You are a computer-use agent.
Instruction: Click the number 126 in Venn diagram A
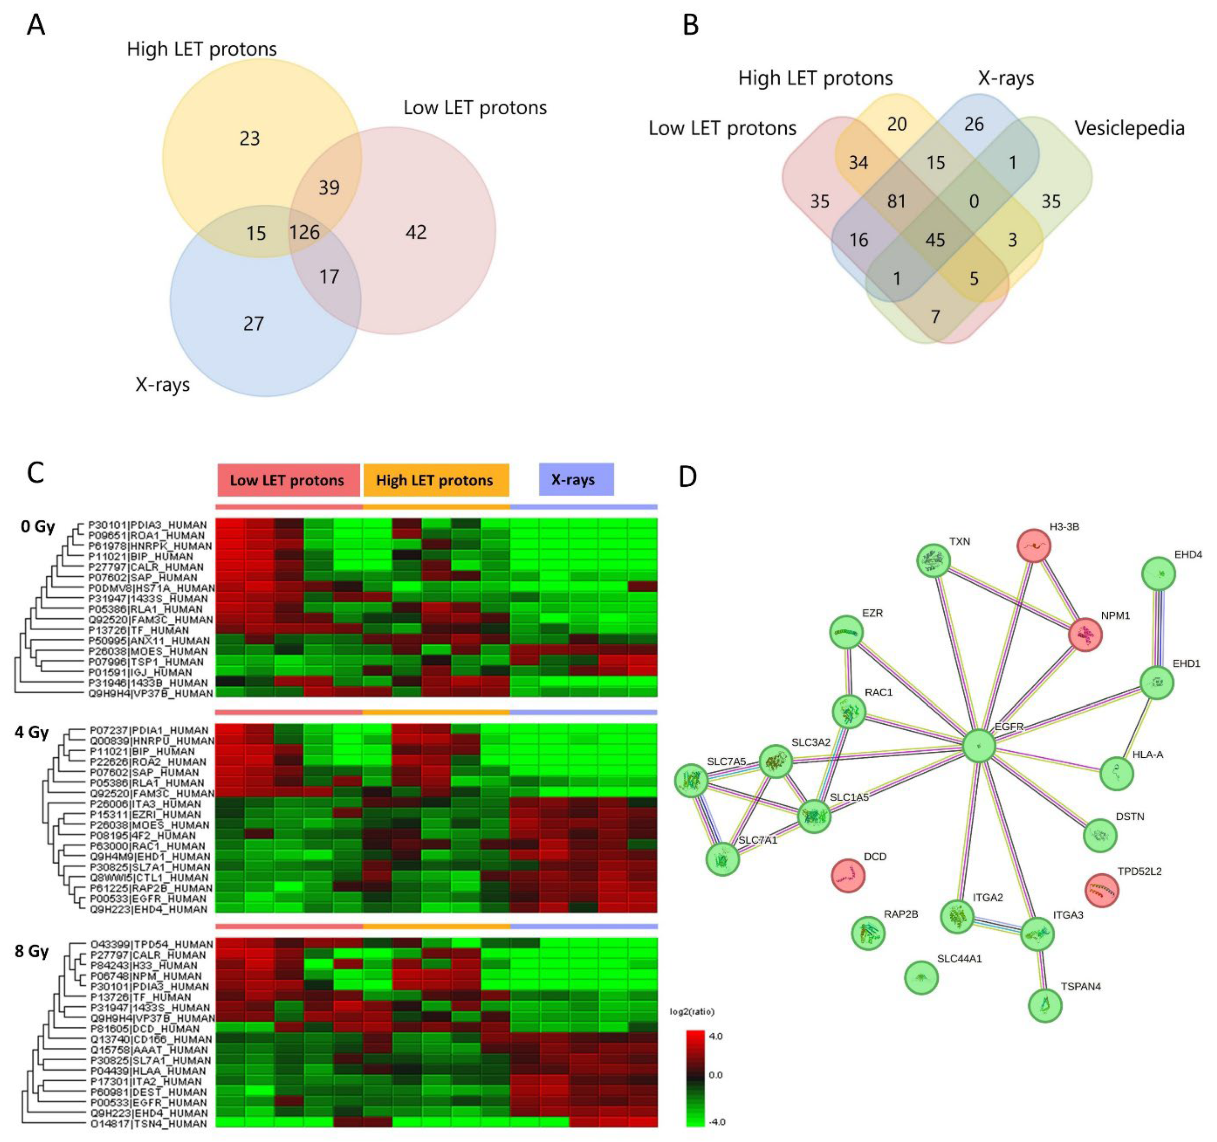click(304, 232)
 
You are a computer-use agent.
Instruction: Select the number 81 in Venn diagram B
click(896, 201)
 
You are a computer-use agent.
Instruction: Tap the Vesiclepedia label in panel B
click(1129, 128)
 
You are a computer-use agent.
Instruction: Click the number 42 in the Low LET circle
click(416, 232)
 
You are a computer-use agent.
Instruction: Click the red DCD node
click(848, 875)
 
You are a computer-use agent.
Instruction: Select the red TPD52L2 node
click(1101, 890)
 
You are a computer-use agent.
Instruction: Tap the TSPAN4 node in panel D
click(1045, 1005)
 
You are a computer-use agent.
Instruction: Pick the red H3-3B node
click(1033, 546)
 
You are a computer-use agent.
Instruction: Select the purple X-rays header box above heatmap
click(576, 479)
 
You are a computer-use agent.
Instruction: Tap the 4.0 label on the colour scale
click(715, 1036)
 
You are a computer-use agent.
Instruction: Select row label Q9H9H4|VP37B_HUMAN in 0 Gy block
click(151, 693)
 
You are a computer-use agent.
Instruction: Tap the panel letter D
click(688, 476)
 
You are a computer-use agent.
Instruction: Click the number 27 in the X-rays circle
click(254, 323)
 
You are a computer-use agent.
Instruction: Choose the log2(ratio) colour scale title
click(692, 1012)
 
